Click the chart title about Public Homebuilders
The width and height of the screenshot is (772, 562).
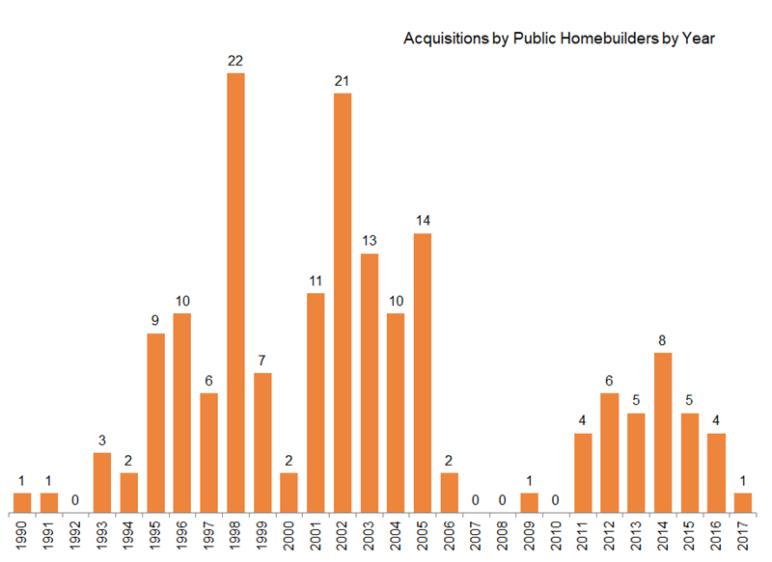click(x=557, y=40)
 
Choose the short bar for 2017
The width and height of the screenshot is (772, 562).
click(x=743, y=502)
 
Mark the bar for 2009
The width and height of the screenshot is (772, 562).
click(x=530, y=502)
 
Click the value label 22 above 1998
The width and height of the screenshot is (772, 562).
click(x=235, y=60)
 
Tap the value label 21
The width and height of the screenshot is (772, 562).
click(x=343, y=80)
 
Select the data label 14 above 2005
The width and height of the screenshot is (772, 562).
click(x=423, y=220)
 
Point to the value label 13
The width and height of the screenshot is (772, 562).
click(x=370, y=240)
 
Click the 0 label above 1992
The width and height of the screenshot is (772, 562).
click(x=76, y=499)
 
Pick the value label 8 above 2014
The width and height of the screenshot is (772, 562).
click(x=663, y=339)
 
